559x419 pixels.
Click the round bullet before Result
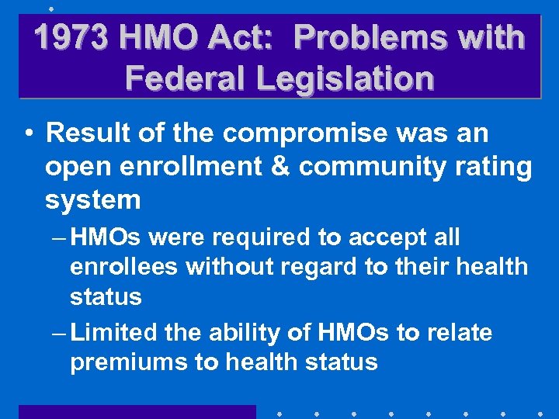coord(27,133)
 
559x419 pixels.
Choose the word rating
coord(497,167)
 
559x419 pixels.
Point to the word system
coord(92,200)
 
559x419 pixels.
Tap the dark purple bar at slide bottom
coord(137,412)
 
